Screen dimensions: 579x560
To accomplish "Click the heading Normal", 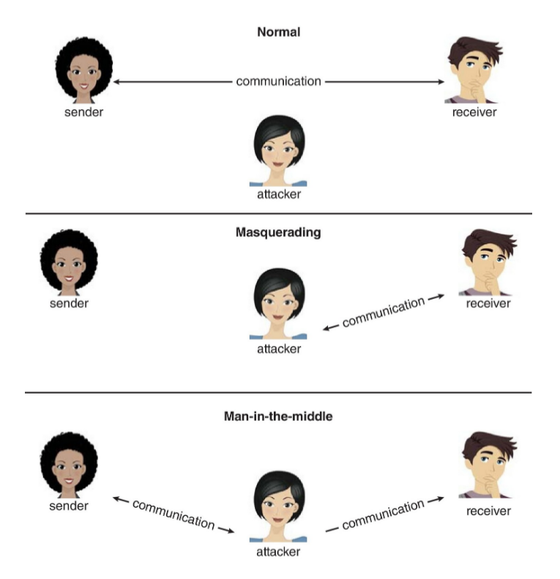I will tap(279, 32).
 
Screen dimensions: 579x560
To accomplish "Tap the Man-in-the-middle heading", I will tap(278, 416).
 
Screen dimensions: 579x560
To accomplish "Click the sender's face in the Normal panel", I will tap(81, 73).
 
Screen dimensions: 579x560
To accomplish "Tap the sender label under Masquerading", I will tap(69, 303).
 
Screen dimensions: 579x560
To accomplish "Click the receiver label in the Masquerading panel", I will tap(488, 303).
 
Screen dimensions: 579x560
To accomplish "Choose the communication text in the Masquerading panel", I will tap(383, 311).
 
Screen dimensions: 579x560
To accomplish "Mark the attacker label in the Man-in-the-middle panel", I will tap(278, 550).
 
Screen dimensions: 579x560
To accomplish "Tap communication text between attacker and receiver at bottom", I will tap(383, 514).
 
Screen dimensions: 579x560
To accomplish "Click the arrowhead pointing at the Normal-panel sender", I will tap(117, 82).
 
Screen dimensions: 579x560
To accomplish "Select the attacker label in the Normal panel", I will tap(277, 195).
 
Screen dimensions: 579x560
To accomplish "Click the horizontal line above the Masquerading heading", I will tap(278, 214).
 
